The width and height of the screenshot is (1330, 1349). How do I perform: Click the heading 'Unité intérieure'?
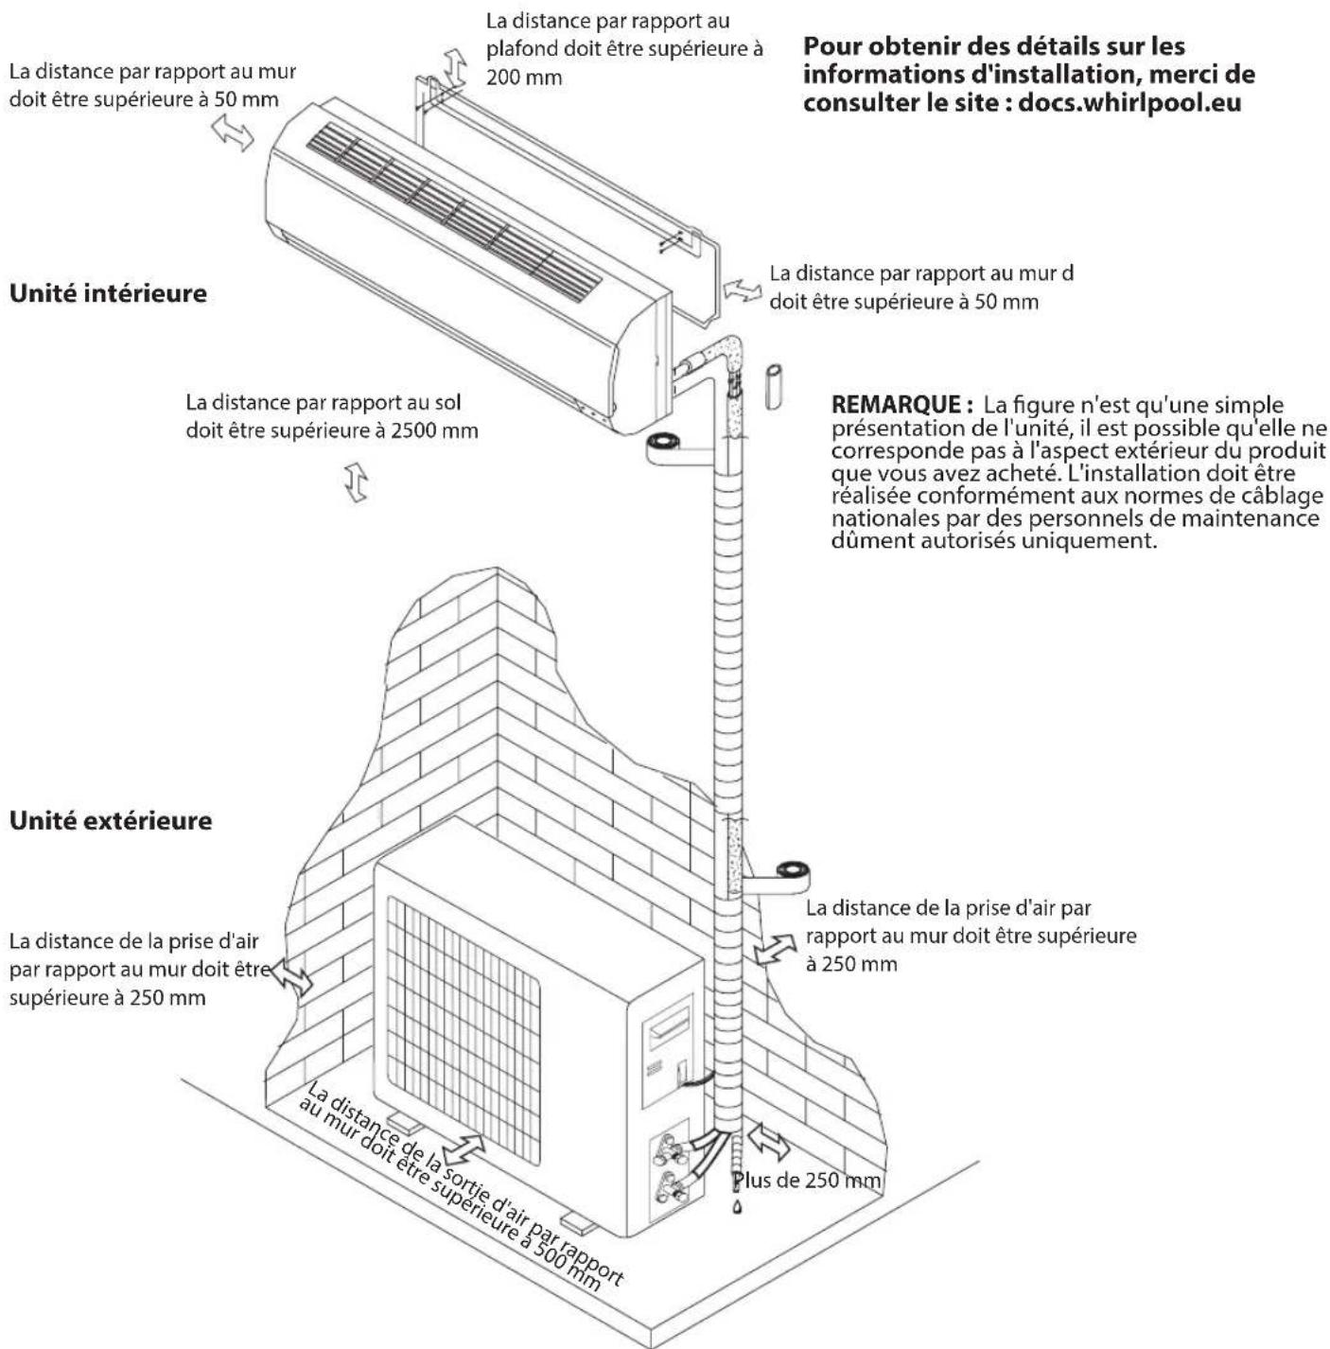pos(108,293)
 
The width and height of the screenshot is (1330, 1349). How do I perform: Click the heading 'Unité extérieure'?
pos(110,819)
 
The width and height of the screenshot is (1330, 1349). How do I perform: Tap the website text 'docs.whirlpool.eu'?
pos(1129,101)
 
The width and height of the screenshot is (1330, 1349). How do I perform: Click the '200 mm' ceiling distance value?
pos(524,78)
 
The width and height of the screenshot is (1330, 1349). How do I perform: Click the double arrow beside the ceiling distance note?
pos(456,65)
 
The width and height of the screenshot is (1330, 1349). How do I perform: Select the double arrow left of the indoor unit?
pos(233,134)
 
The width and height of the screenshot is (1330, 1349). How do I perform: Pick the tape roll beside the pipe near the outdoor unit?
pos(791,870)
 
